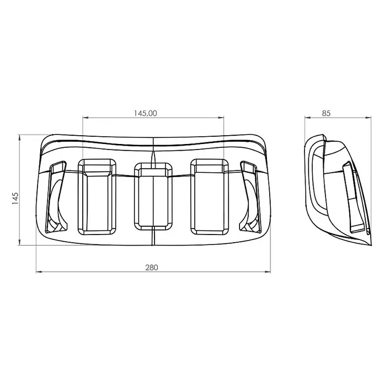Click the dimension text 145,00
click(x=146, y=113)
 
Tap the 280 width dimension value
click(x=152, y=268)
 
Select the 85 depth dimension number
click(x=326, y=113)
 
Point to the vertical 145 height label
click(x=15, y=199)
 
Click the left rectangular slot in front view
click(x=97, y=196)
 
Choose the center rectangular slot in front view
click(x=153, y=196)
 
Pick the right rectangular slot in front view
click(x=210, y=196)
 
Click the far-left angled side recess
click(x=56, y=197)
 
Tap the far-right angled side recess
click(x=250, y=197)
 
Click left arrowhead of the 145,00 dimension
click(x=85, y=118)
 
